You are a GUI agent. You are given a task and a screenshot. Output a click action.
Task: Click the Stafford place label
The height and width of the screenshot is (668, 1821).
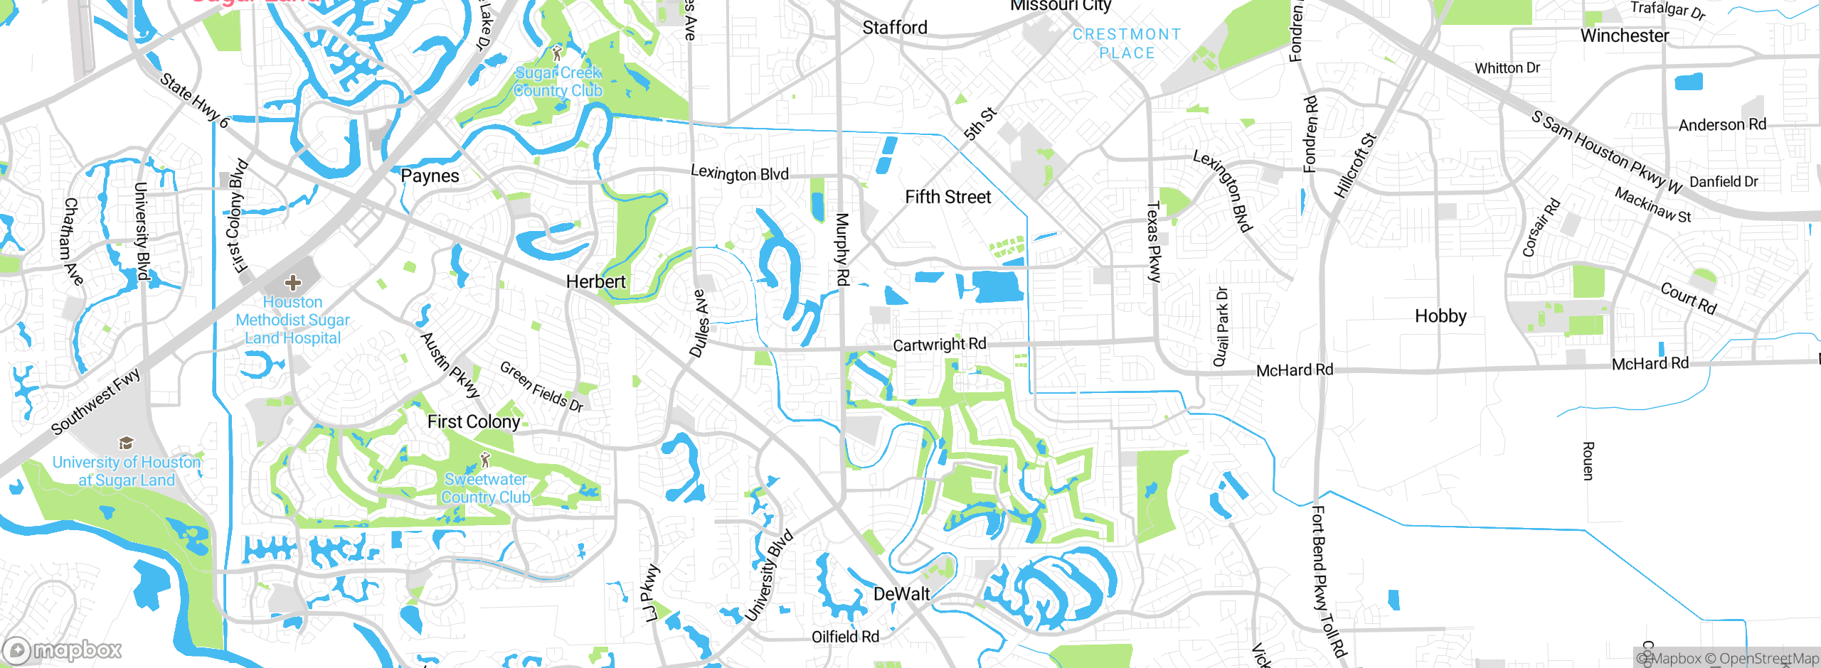(x=895, y=28)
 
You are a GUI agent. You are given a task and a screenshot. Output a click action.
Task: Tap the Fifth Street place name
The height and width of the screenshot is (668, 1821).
(x=947, y=197)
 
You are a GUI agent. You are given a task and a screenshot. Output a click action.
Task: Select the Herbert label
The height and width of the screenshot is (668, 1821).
(x=595, y=281)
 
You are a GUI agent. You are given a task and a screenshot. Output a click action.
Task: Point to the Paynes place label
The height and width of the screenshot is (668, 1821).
(x=430, y=176)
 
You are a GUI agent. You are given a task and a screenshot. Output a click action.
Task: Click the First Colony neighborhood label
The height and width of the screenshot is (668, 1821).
(x=474, y=421)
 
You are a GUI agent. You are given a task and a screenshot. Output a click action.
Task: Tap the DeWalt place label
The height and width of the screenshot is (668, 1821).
(x=901, y=594)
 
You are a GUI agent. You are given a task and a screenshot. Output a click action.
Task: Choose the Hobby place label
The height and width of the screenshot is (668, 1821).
(x=1440, y=316)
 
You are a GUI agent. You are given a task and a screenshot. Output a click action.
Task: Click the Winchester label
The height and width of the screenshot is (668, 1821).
(x=1624, y=36)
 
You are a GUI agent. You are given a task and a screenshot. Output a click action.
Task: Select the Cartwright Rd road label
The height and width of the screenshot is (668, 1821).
(x=939, y=345)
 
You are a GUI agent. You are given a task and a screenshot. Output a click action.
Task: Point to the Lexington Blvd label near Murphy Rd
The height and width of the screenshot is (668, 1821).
(x=740, y=173)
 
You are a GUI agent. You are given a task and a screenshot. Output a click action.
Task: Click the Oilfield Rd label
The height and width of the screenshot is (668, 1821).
(x=845, y=637)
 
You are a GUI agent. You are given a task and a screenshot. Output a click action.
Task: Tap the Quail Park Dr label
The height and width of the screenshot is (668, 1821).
(x=1221, y=327)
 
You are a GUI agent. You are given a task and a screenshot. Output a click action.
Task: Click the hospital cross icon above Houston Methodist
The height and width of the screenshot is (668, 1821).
(x=292, y=284)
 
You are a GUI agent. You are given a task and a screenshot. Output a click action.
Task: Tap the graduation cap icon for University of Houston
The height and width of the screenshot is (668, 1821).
(x=126, y=443)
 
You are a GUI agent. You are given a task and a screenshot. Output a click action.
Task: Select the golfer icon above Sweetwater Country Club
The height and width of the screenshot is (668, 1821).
(x=485, y=460)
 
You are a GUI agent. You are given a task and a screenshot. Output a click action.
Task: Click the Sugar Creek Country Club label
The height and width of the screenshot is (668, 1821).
(x=558, y=82)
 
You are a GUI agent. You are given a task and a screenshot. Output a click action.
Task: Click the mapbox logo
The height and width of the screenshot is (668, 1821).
(x=63, y=650)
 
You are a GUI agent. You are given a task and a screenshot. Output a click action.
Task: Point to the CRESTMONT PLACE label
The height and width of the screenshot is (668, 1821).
(x=1127, y=43)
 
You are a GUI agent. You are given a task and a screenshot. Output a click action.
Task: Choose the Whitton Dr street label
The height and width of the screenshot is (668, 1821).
(x=1507, y=68)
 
